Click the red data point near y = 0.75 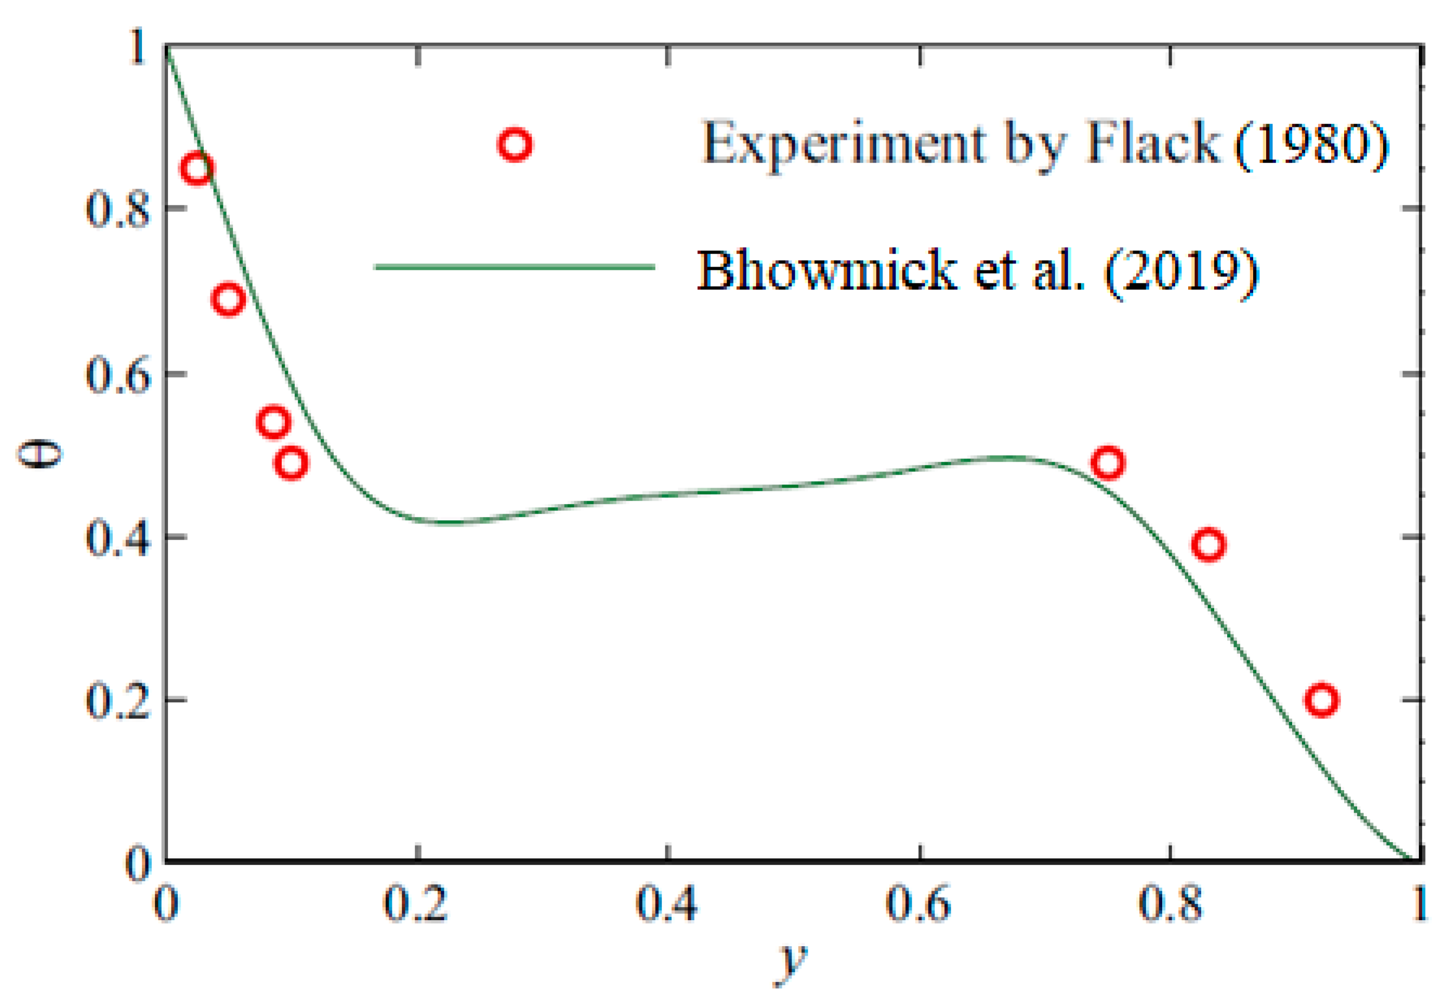[x=1107, y=463]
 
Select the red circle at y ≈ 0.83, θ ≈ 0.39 [x=1208, y=544]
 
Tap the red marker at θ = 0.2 [x=1321, y=700]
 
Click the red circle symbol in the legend [x=515, y=145]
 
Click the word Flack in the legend [x=1152, y=143]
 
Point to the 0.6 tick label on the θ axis [x=118, y=375]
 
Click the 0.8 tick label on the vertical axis [x=118, y=209]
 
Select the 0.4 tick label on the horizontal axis [x=667, y=905]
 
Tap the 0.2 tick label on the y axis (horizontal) [x=416, y=905]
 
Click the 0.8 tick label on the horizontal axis [x=1169, y=905]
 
